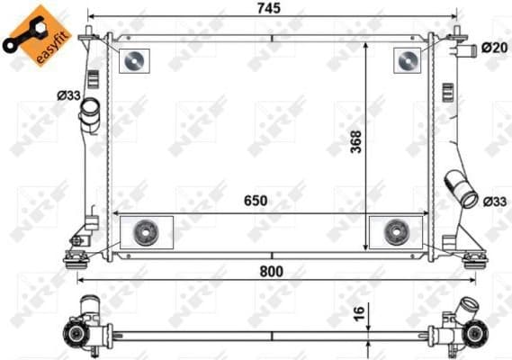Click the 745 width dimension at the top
268,8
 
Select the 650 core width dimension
255,202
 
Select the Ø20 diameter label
492,47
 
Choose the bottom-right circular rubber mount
395,232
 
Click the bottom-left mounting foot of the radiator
74,261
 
